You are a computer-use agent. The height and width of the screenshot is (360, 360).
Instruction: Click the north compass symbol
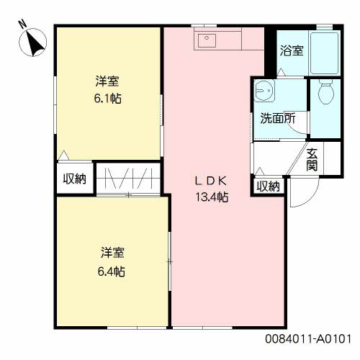point(33,42)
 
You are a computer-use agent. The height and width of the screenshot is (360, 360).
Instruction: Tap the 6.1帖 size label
point(107,99)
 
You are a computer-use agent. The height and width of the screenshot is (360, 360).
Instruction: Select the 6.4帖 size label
point(112,271)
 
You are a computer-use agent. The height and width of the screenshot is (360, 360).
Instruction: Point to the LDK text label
point(211,181)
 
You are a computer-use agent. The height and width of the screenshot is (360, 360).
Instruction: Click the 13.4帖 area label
point(212,197)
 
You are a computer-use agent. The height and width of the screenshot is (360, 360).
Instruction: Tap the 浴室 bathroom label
point(292,50)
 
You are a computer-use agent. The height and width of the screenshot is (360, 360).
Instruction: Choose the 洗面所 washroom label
point(278,118)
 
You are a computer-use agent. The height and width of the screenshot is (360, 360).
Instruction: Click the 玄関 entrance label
point(312,160)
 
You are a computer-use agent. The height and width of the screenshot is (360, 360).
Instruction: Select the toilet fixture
point(326,92)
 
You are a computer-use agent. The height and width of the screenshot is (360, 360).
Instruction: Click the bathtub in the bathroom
point(324,53)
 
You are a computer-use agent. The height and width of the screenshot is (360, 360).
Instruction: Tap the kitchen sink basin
point(207,40)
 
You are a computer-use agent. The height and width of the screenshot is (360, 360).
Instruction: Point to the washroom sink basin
point(264,91)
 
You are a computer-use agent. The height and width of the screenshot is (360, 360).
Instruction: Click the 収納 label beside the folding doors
point(75,179)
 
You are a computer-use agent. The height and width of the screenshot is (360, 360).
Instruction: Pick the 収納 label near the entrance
point(269,186)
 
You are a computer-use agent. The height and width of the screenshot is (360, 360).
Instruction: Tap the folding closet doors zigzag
point(129,179)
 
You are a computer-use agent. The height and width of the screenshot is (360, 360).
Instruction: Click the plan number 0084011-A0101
point(308,339)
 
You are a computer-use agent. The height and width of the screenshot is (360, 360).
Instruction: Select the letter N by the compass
point(23,24)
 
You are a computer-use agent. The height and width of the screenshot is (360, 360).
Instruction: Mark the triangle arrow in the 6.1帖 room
point(63,155)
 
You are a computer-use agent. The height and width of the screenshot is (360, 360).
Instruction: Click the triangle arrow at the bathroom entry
point(281,72)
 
